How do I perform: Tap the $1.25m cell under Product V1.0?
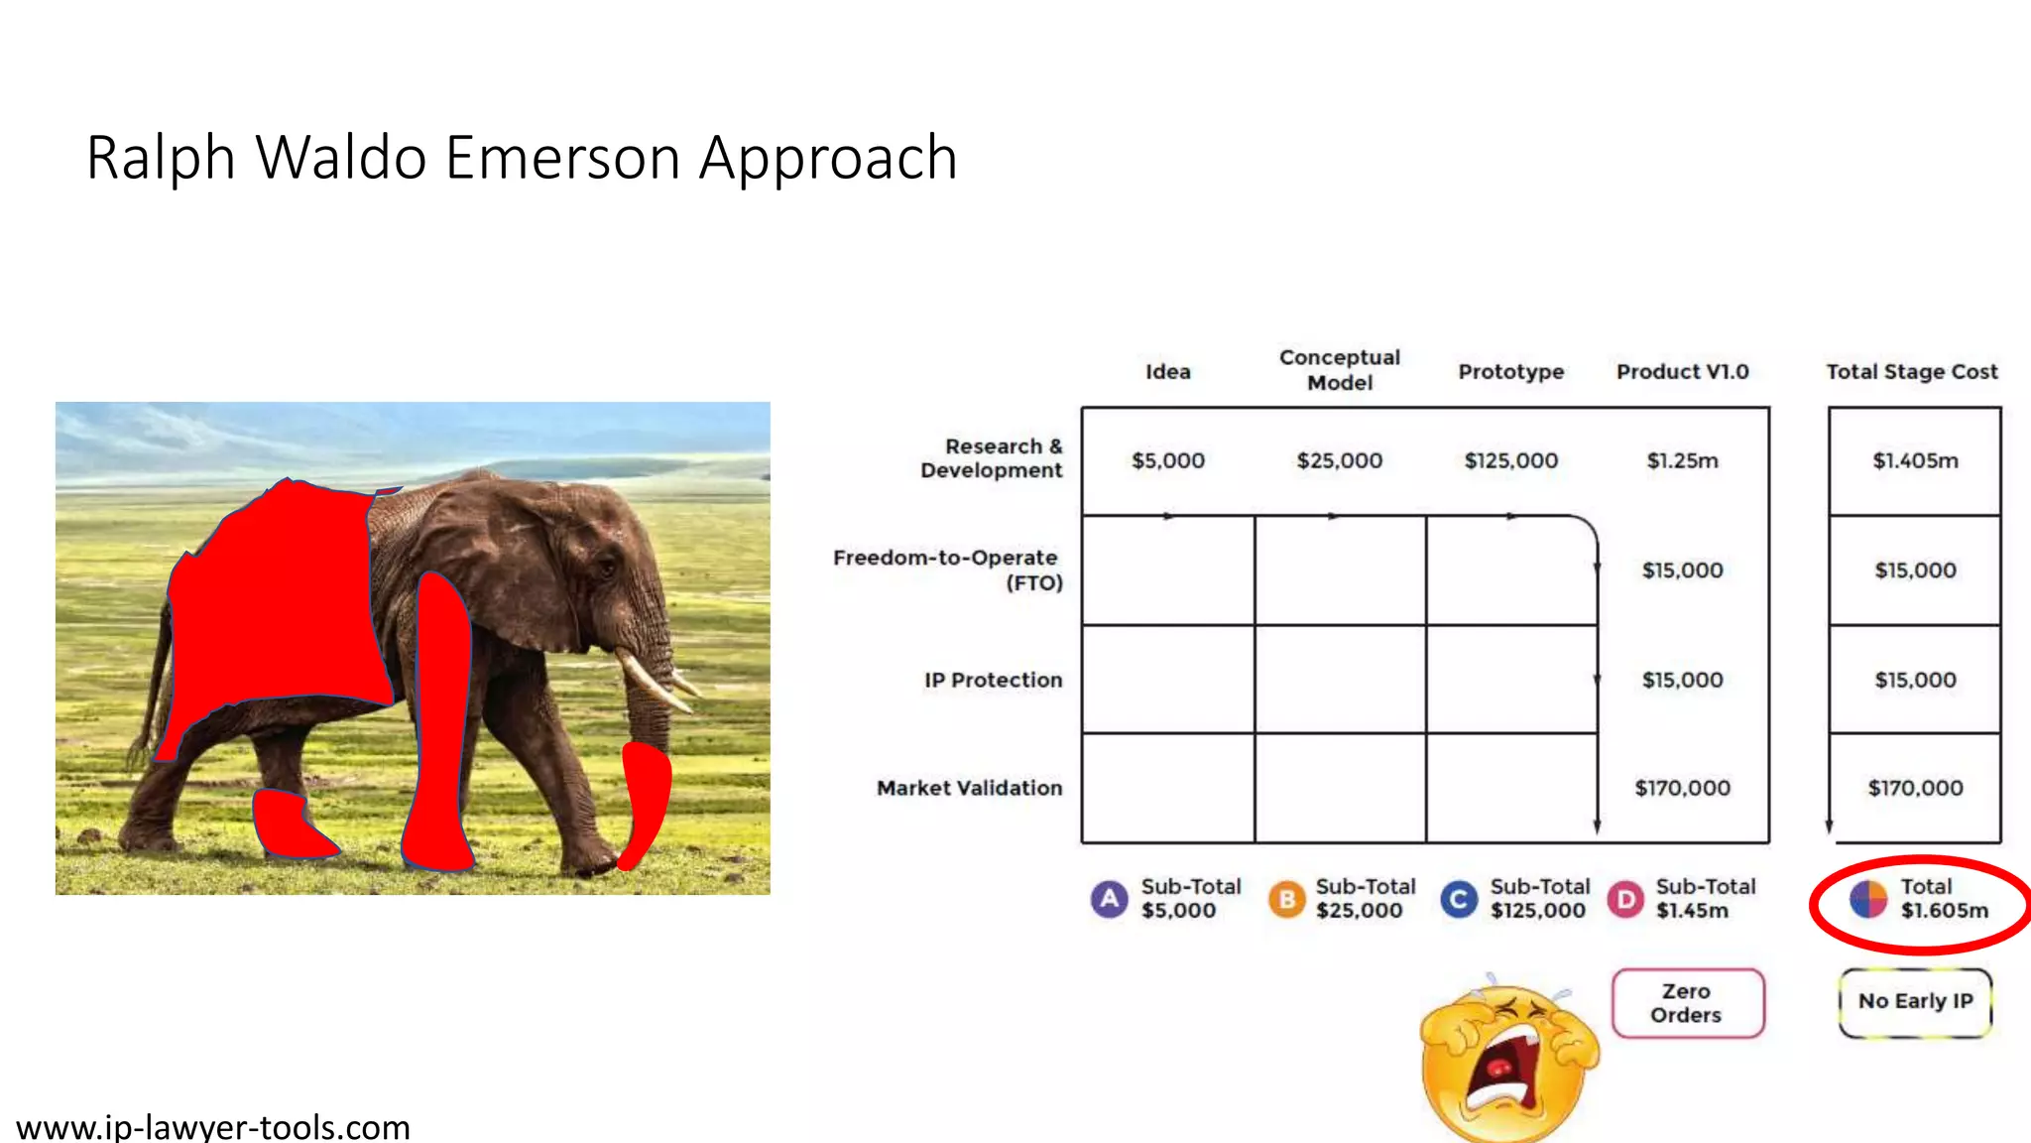click(x=1682, y=460)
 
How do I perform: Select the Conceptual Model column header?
click(x=1339, y=370)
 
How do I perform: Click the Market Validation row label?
click(x=969, y=788)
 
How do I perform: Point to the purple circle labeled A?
click(x=1110, y=899)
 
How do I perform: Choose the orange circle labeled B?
click(x=1286, y=899)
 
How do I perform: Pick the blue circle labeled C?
click(x=1459, y=899)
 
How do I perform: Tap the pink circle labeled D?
click(x=1626, y=899)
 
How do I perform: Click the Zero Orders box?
click(x=1687, y=1003)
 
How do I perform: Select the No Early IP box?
click(x=1915, y=1002)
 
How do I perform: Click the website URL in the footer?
click(x=213, y=1127)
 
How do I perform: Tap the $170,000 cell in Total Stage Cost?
click(x=1915, y=788)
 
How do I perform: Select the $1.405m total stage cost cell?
click(x=1915, y=460)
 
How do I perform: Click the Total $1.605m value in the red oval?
click(x=1944, y=910)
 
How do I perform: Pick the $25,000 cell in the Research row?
click(x=1339, y=460)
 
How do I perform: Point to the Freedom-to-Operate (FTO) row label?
click(x=947, y=570)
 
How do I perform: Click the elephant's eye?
click(x=604, y=567)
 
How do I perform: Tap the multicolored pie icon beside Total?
click(x=1868, y=899)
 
